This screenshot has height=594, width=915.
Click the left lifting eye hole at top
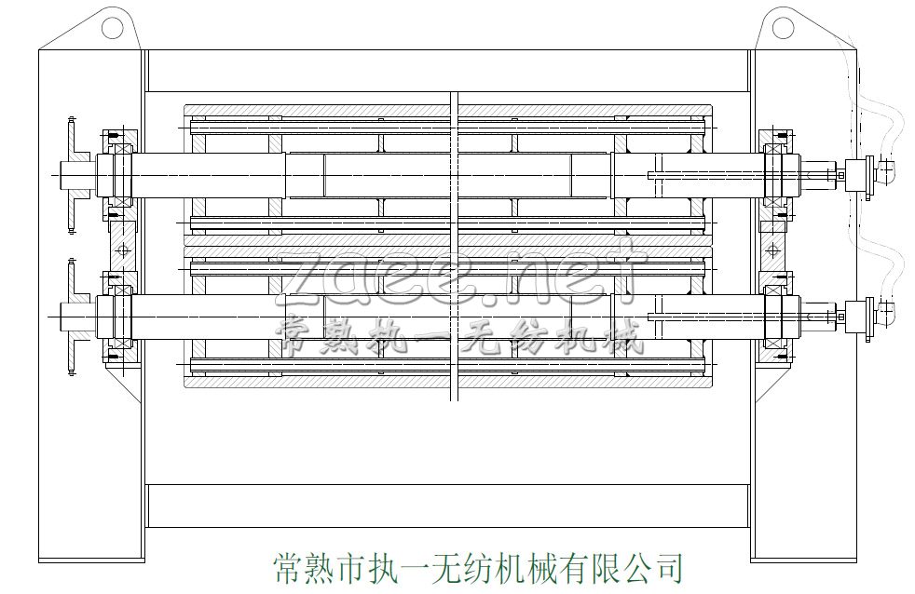coord(113,28)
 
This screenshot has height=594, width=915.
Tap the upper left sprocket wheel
coord(71,174)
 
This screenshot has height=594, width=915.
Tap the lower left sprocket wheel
coord(71,317)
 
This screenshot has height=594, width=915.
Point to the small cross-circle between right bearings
coord(772,249)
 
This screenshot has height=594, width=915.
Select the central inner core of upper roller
coord(446,175)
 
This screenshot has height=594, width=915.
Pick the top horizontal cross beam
coord(447,70)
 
